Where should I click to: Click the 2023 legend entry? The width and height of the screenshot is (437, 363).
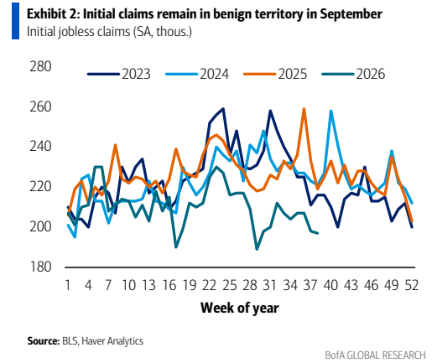click(x=119, y=74)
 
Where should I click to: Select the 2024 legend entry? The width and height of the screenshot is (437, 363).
click(x=197, y=74)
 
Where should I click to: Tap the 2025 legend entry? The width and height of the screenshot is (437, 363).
click(x=275, y=74)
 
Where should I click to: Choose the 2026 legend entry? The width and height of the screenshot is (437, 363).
click(x=353, y=74)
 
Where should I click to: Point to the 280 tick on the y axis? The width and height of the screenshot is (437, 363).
click(x=40, y=66)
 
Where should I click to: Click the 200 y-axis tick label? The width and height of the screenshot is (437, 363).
click(x=40, y=226)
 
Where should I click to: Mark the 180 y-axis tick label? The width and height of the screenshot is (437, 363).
click(x=40, y=267)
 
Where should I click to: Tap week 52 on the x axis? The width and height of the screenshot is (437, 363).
click(x=412, y=285)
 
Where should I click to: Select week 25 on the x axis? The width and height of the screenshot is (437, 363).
click(x=230, y=285)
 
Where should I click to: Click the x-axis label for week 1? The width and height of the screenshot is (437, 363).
click(x=68, y=285)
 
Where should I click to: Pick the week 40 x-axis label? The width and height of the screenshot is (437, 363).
click(x=330, y=285)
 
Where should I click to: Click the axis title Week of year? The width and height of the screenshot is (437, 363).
click(x=240, y=308)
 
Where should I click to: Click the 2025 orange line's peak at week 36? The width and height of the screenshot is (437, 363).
click(x=304, y=109)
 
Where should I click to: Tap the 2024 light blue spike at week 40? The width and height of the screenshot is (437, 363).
click(x=331, y=111)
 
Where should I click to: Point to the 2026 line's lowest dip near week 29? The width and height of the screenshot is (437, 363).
click(x=257, y=249)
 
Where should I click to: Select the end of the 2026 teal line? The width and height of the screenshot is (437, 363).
click(x=318, y=233)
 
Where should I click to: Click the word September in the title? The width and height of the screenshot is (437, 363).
click(x=351, y=14)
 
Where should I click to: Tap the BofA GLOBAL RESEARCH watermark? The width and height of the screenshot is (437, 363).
click(x=375, y=355)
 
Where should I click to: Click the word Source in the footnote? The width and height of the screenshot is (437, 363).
click(x=44, y=341)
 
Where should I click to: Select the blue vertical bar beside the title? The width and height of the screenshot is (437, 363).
click(x=15, y=21)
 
